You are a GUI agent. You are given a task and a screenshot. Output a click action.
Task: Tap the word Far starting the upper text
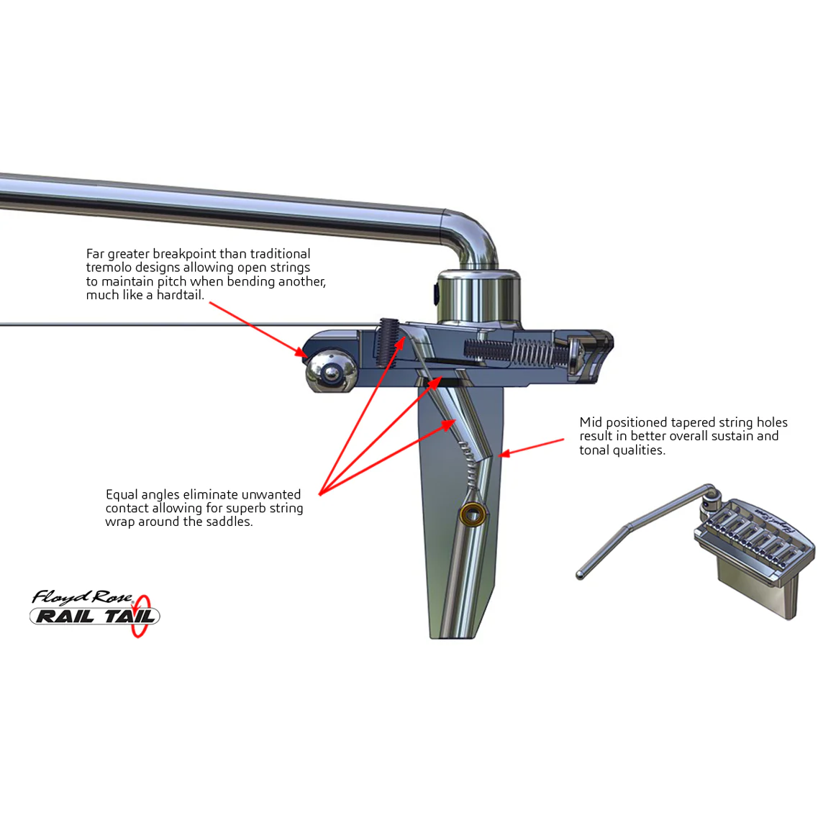click(96, 254)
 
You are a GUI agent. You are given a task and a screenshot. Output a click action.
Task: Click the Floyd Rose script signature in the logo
click(82, 597)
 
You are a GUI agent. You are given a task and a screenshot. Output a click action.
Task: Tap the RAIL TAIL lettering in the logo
click(94, 617)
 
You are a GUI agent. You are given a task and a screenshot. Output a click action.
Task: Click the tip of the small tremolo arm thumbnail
click(581, 575)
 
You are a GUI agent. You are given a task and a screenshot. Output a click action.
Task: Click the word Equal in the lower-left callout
click(122, 495)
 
